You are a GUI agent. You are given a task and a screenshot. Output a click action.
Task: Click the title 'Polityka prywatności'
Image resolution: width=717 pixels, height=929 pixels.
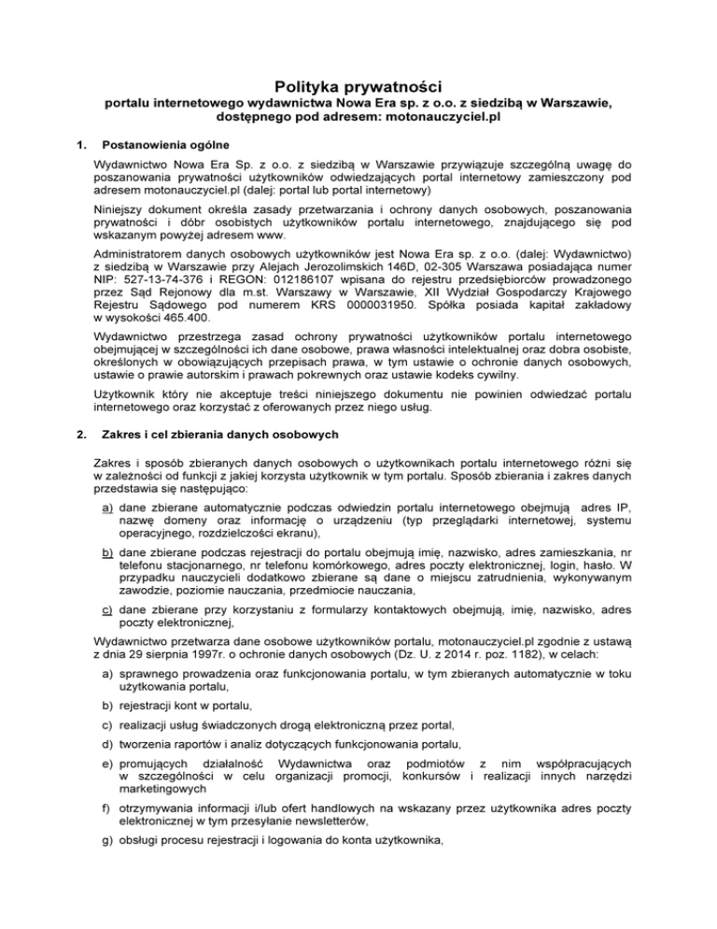358,87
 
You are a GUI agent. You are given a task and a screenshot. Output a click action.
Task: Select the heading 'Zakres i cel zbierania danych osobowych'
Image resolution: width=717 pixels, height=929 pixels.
216,461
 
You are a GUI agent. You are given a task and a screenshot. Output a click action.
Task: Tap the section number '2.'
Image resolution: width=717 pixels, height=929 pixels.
81,461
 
